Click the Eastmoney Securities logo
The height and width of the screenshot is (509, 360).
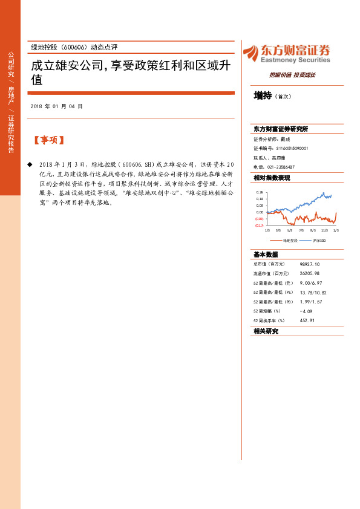click(x=286, y=53)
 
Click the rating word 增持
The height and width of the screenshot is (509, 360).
click(x=263, y=96)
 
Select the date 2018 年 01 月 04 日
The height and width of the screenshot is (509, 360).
click(x=56, y=106)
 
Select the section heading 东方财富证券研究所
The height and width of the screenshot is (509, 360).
click(x=281, y=129)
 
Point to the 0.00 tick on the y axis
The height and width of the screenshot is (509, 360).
click(x=260, y=212)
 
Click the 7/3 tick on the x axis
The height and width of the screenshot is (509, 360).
click(x=301, y=230)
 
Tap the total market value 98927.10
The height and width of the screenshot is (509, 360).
click(x=309, y=264)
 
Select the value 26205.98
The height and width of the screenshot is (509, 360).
click(x=309, y=273)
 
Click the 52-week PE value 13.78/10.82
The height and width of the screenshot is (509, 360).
click(x=313, y=292)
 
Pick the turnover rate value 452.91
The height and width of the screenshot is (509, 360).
click(x=308, y=320)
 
